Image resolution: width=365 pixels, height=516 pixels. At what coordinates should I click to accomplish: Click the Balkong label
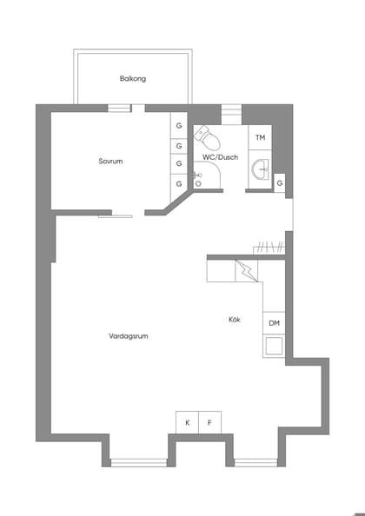(x=133, y=79)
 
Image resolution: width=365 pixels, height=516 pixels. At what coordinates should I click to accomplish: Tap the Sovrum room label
(x=110, y=161)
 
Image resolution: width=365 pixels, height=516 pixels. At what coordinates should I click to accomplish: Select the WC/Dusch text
(x=220, y=157)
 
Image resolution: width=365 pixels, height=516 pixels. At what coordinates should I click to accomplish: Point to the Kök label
(x=235, y=320)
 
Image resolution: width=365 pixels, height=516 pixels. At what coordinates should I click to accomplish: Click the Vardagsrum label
(x=128, y=335)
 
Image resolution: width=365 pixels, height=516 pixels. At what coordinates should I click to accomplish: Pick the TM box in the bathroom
(x=260, y=138)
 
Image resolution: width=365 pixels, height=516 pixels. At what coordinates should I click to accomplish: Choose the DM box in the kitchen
(x=274, y=323)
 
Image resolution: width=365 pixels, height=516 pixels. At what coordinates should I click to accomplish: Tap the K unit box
(x=187, y=422)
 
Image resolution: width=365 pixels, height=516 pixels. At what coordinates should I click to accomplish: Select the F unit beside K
(x=209, y=422)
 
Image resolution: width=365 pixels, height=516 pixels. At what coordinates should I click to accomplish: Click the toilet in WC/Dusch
(x=206, y=137)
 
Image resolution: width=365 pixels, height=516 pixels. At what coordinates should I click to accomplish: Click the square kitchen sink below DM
(x=274, y=346)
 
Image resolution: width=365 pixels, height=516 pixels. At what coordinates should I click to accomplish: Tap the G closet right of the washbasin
(x=280, y=183)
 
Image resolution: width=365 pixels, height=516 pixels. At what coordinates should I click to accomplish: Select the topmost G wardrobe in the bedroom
(x=179, y=126)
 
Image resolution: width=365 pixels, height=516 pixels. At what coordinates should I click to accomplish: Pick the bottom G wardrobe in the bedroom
(x=179, y=183)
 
